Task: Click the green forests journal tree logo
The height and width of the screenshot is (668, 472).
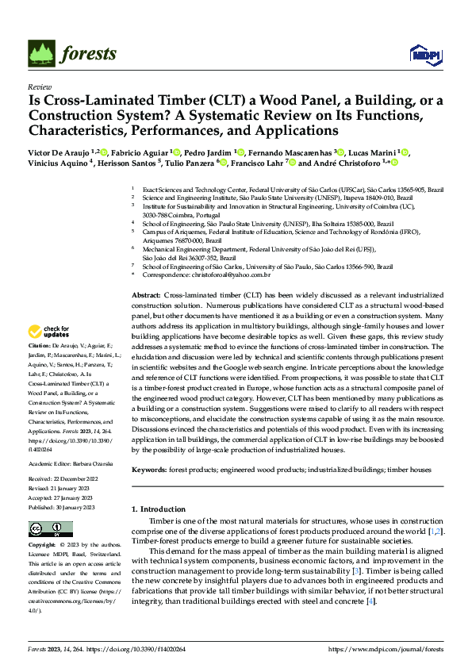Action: coord(43,53)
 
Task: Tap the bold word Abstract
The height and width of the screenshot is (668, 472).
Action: coord(146,294)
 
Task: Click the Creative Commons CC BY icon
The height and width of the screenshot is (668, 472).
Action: coord(44,528)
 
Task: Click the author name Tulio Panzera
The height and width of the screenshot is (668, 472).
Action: coord(188,163)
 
